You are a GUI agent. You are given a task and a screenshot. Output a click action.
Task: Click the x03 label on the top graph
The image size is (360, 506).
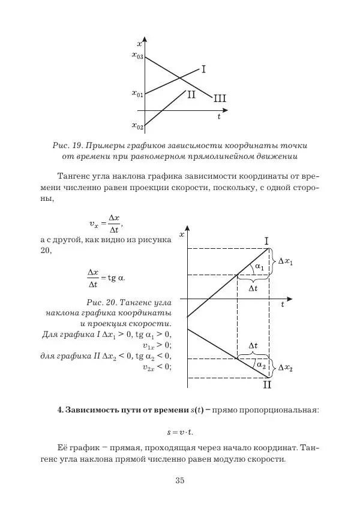tap(137, 56)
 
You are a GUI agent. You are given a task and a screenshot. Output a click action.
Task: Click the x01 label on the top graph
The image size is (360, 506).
tap(137, 94)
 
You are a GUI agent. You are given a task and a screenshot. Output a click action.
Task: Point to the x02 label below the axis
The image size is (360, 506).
tap(137, 126)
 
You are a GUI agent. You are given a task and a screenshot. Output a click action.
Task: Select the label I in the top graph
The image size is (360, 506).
tap(203, 70)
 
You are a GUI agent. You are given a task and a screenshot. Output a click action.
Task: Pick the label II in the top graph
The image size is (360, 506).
tap(191, 95)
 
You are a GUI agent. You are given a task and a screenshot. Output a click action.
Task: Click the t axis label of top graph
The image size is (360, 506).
tap(218, 118)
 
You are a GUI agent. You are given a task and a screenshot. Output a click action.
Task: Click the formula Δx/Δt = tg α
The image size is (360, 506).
tap(106, 277)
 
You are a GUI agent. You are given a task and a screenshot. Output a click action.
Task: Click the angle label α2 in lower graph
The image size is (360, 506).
tap(260, 365)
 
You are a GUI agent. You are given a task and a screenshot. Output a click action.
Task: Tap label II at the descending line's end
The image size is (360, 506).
tap(267, 385)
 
